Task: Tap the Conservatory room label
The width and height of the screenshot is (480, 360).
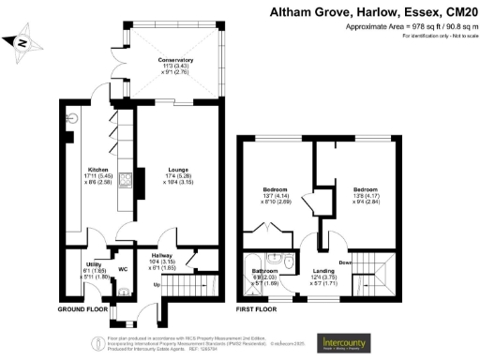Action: [175, 59]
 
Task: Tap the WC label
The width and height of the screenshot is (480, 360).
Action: [122, 269]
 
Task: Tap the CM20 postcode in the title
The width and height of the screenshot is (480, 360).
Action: [458, 13]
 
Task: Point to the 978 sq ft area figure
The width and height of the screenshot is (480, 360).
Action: [397, 27]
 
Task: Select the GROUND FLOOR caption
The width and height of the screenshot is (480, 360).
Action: [84, 308]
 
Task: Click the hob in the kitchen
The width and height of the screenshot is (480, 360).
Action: [124, 182]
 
